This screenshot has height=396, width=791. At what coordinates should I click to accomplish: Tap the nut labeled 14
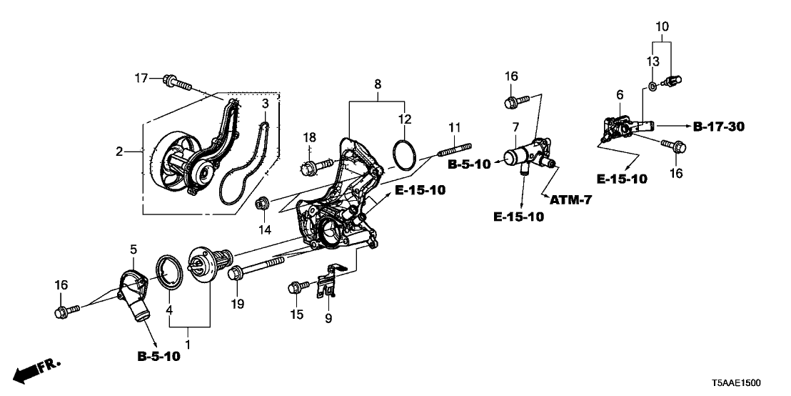click(x=261, y=204)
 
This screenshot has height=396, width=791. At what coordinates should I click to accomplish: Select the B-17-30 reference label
click(x=719, y=127)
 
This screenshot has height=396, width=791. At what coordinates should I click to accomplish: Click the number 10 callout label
click(x=662, y=27)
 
